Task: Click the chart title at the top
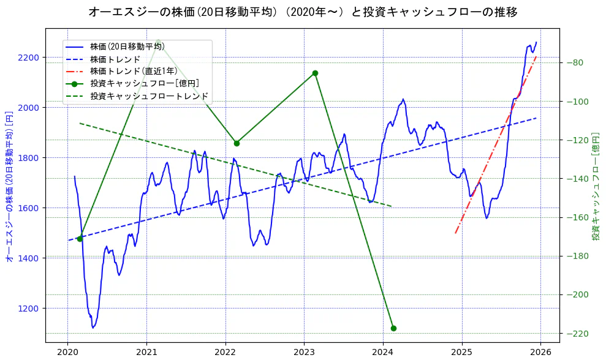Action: tap(303, 12)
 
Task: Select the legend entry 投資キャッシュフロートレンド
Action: tap(149, 96)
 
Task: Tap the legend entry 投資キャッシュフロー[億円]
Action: tap(144, 84)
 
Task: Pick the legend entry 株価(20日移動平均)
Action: tap(127, 46)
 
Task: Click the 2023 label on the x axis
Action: tap(304, 353)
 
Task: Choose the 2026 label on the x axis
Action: tap(540, 353)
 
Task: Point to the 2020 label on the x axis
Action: tap(67, 353)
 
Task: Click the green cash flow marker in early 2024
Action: tap(393, 328)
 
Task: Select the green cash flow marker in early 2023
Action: tap(315, 73)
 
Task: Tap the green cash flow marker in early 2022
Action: tap(237, 143)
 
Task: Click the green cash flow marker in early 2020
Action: tap(80, 239)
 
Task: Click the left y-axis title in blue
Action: tap(9, 187)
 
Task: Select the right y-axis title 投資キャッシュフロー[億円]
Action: tap(595, 187)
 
